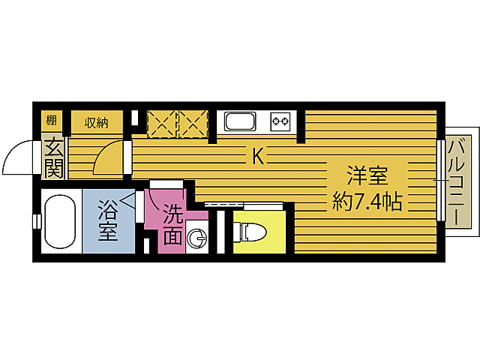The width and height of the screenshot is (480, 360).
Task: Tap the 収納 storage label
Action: click(97, 121)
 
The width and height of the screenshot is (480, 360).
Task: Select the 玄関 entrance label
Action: click(52, 158)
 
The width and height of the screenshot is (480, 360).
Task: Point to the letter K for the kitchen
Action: click(257, 157)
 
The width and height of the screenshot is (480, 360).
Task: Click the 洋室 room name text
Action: click(367, 178)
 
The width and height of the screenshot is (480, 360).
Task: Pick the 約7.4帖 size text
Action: click(367, 201)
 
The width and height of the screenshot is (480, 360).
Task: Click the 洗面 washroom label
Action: click(172, 224)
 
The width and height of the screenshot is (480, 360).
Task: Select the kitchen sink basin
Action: click(241, 121)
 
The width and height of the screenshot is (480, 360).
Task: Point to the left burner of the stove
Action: click(277, 121)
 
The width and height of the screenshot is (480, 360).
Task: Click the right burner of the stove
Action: click(286, 121)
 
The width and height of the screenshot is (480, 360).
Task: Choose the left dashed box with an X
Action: click(161, 124)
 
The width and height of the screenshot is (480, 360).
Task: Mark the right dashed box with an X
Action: click(192, 124)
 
